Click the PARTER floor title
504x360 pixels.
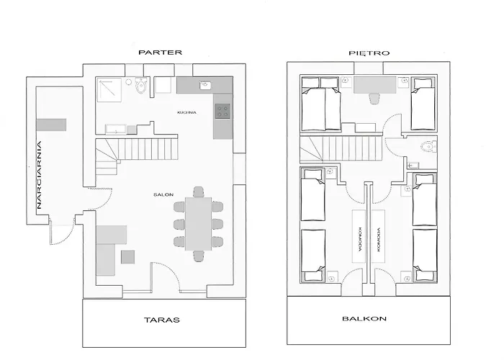(x=160, y=53)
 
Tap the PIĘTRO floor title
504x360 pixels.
(x=369, y=53)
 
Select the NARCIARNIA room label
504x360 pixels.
(x=39, y=175)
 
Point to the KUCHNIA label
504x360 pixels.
(x=186, y=112)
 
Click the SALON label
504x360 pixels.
(x=163, y=195)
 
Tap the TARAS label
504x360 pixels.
(x=162, y=320)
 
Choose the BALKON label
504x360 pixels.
(x=364, y=318)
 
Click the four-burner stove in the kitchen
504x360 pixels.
(x=222, y=111)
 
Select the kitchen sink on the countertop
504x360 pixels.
(x=204, y=85)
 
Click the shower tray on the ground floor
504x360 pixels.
(x=109, y=90)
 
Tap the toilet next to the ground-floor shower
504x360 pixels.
(x=141, y=85)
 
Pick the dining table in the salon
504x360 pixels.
(x=198, y=224)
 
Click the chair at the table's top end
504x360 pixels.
(x=199, y=192)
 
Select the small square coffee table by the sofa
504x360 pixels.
(x=128, y=257)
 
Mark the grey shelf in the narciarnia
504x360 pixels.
(x=51, y=125)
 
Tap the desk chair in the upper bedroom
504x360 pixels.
(x=374, y=99)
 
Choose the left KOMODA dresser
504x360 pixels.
(x=359, y=236)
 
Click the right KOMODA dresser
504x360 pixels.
(x=379, y=236)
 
